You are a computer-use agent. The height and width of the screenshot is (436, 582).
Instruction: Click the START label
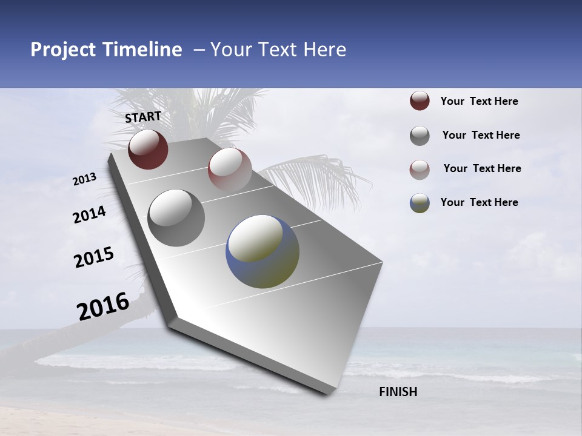point(143,117)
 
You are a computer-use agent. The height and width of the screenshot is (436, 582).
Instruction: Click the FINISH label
point(398,392)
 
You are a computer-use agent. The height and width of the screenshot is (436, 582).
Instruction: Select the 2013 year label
point(85,179)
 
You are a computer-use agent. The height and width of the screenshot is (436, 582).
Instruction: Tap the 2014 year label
point(90,215)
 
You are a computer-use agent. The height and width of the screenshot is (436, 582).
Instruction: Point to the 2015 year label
point(94,257)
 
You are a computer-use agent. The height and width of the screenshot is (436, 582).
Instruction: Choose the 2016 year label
point(103,306)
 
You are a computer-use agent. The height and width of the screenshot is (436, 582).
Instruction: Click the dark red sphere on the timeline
point(148,149)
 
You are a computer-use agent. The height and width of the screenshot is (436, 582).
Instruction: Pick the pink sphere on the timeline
point(230,169)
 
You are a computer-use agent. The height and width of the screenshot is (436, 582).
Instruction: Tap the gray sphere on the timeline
point(176,217)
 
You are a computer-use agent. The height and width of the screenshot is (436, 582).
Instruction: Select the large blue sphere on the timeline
point(263,251)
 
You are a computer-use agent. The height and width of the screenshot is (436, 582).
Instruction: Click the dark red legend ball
point(420,101)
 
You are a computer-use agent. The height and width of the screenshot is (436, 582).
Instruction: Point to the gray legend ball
point(420,136)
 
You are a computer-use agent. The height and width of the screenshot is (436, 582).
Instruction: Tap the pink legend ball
point(420,170)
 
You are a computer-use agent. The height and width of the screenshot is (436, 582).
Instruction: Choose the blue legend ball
point(420,203)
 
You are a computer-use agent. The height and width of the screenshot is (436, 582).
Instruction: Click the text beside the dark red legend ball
point(479,101)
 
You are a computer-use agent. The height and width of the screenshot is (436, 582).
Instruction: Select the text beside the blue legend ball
point(479,202)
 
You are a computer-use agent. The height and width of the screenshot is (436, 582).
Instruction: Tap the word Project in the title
point(62,50)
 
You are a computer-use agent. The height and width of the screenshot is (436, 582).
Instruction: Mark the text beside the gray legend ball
point(481,135)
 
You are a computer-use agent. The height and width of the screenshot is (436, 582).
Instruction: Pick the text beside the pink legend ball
point(482,168)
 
